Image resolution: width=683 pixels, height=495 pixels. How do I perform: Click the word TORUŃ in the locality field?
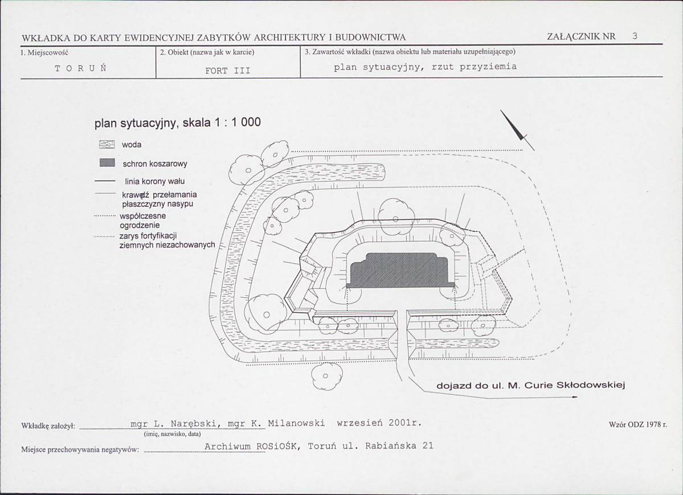81,68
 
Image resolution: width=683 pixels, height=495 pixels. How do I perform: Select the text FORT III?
228,71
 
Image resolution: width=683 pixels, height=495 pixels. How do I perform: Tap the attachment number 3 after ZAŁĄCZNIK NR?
635,36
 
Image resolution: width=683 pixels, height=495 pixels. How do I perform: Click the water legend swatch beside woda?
107,145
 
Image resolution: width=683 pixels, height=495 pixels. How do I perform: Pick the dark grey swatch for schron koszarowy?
107,163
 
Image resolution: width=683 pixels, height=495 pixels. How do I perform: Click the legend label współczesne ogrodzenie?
143,220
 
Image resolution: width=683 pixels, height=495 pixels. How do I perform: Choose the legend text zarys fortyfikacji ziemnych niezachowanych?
167,240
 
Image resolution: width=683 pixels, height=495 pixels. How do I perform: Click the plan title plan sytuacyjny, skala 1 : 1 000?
178,123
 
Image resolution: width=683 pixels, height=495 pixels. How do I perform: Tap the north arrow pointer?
517,130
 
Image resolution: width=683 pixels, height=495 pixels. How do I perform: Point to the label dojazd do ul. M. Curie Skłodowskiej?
531,386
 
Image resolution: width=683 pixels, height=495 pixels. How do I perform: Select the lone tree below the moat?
325,375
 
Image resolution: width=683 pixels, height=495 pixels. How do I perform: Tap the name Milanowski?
297,423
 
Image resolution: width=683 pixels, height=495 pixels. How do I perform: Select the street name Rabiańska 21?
399,446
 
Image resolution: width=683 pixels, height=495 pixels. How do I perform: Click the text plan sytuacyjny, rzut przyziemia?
425,67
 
